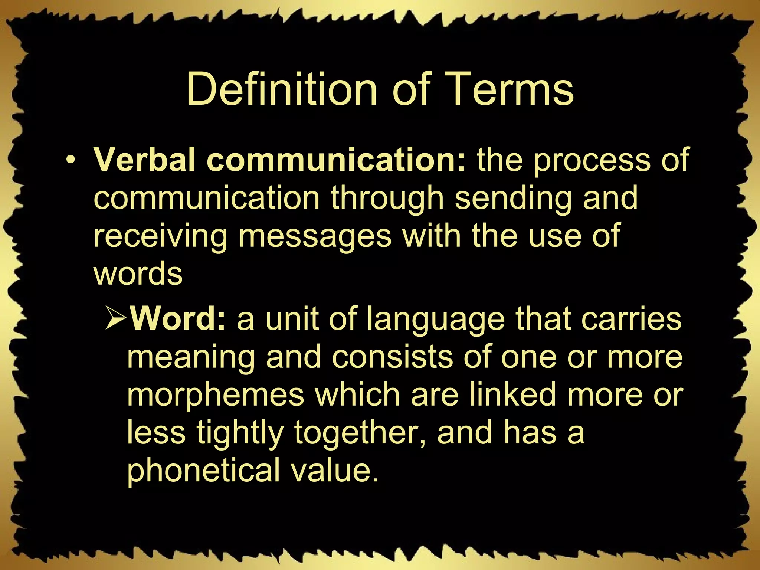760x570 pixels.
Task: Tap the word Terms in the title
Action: (512, 90)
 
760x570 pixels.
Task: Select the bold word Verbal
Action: (145, 160)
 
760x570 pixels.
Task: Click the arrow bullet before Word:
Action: (116, 320)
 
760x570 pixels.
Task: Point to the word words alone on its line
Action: (138, 274)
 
